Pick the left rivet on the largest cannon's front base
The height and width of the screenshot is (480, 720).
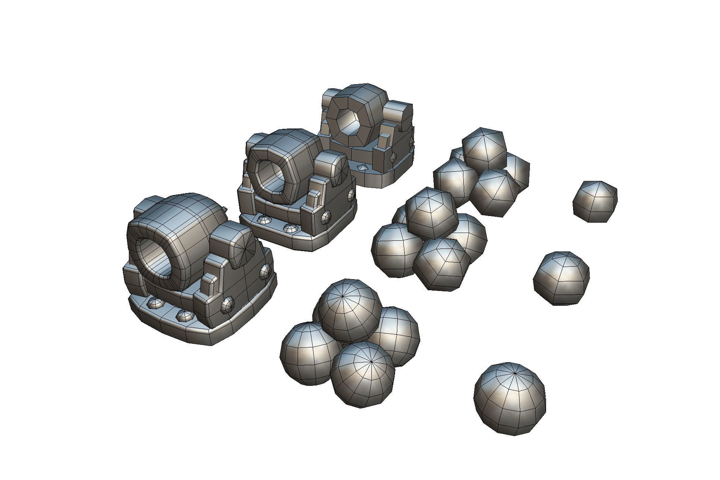(155, 303)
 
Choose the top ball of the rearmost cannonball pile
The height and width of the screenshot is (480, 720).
(484, 148)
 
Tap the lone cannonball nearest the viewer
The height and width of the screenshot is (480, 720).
(510, 398)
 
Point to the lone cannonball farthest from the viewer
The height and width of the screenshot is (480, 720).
(595, 201)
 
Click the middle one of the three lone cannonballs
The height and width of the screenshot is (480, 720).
(561, 278)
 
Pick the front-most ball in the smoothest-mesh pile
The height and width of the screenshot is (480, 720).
(363, 374)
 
